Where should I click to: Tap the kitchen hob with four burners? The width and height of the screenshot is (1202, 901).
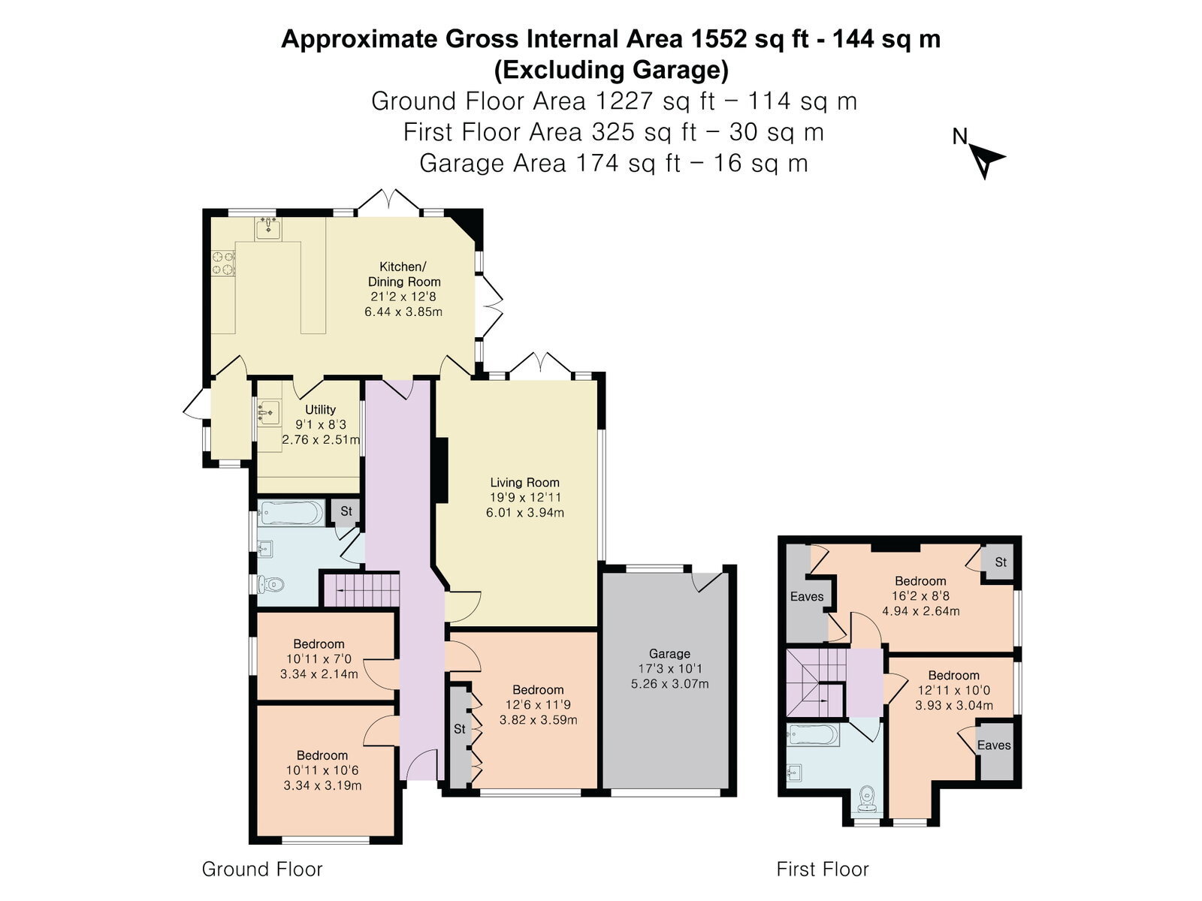click(x=223, y=263)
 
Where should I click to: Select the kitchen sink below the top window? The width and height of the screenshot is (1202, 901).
click(x=267, y=228)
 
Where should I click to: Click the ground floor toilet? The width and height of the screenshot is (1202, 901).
click(x=271, y=585)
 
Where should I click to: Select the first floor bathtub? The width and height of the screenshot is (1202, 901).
click(x=813, y=735)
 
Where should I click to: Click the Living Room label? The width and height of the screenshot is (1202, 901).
click(x=524, y=483)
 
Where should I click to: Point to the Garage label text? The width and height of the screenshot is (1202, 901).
click(x=669, y=653)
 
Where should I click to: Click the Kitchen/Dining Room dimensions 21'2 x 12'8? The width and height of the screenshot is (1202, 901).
click(x=403, y=297)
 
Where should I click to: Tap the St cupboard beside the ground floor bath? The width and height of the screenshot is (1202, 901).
click(x=346, y=512)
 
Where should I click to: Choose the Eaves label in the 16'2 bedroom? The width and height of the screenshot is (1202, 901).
click(x=807, y=596)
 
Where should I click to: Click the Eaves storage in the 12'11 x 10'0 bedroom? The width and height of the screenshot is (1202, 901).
click(x=995, y=749)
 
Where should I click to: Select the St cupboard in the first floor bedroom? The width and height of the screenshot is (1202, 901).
click(x=1000, y=562)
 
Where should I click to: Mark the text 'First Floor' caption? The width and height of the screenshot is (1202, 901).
click(x=823, y=869)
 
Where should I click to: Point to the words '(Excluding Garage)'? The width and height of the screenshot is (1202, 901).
click(x=611, y=70)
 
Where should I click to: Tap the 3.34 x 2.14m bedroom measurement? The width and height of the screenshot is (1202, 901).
click(x=319, y=674)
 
